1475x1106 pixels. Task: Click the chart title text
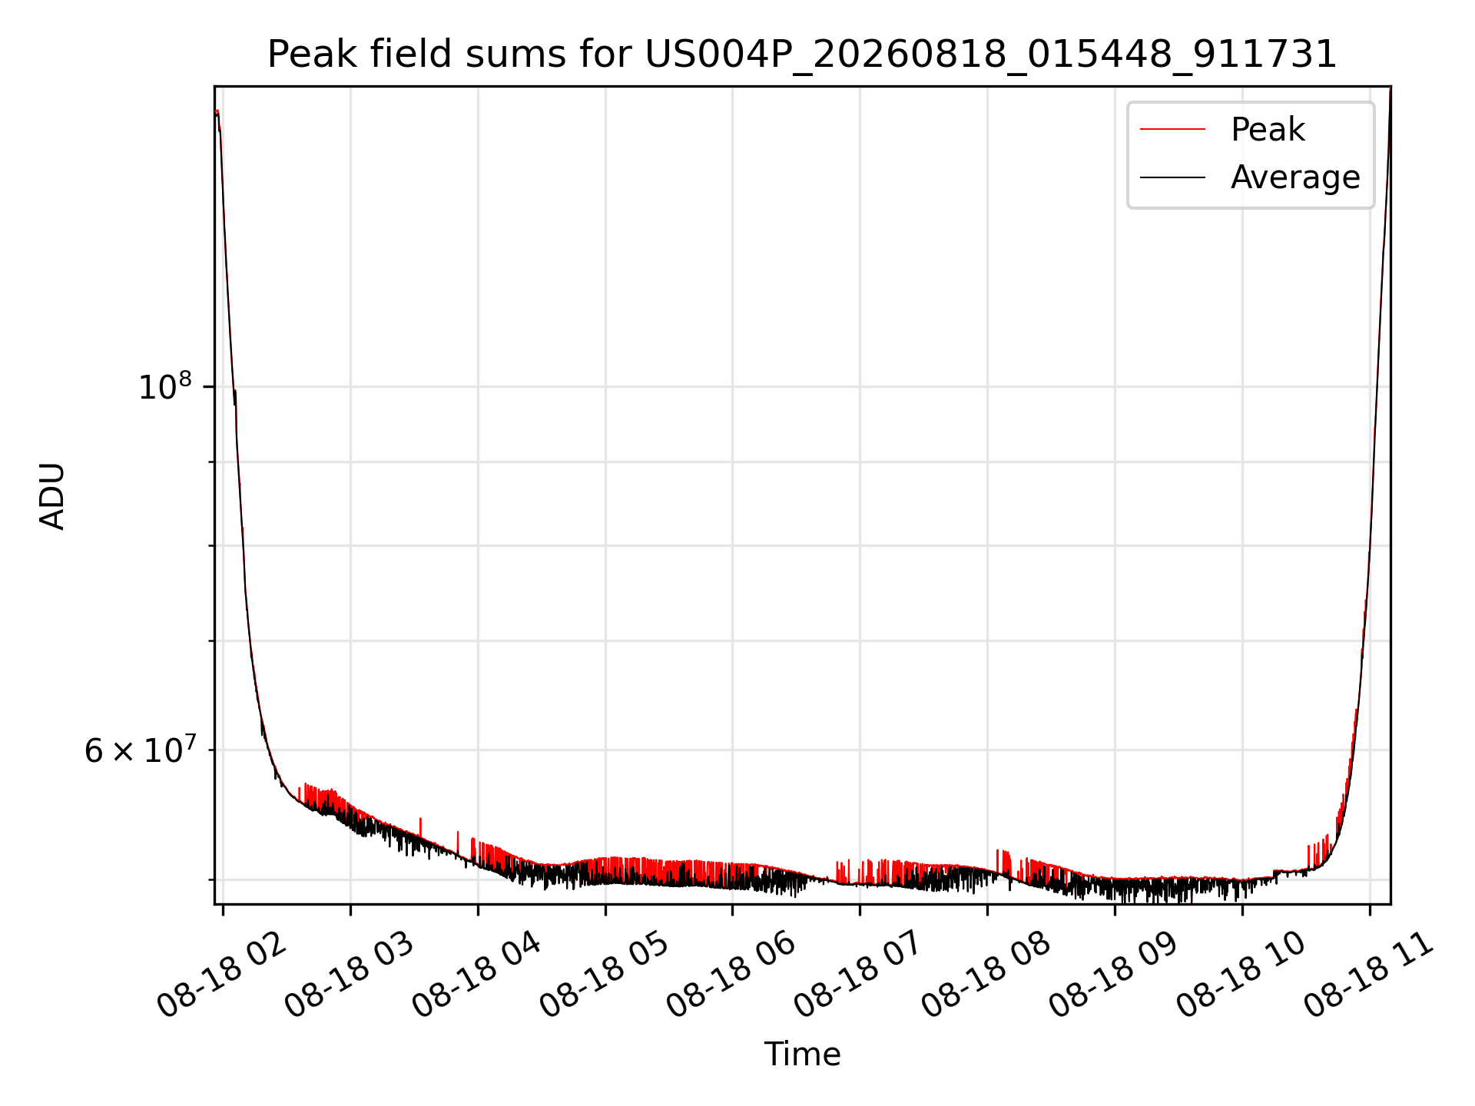tap(802, 55)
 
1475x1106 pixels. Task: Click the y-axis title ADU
tap(52, 496)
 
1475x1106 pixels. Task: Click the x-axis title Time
tap(802, 1054)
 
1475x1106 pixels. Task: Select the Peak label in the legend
tap(1268, 130)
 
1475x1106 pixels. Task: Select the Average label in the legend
tap(1295, 177)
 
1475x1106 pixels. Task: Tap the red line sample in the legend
tap(1172, 130)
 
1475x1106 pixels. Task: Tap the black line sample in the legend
tap(1172, 177)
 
